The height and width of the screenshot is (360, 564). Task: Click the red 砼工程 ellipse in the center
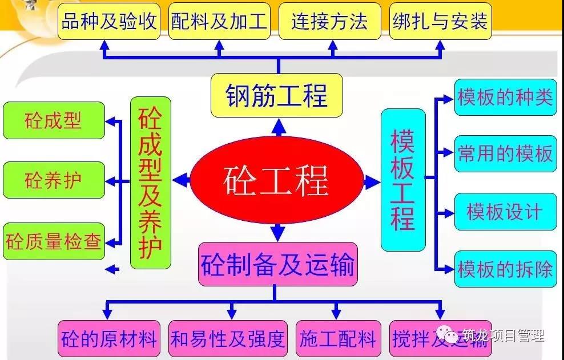click(277, 180)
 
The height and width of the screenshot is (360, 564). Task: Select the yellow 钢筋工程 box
click(277, 95)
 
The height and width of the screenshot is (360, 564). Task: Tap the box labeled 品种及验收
click(108, 21)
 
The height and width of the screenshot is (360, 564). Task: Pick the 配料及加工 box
click(219, 21)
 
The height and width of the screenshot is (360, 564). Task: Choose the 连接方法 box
click(329, 21)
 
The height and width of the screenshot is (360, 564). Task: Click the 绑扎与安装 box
click(440, 21)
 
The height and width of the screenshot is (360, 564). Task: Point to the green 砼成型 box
click(54, 120)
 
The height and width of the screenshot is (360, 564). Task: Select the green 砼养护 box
click(54, 180)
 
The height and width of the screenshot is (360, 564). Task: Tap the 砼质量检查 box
click(54, 241)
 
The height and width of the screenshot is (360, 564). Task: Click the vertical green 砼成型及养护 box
click(150, 183)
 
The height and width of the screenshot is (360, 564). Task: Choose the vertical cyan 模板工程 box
click(403, 180)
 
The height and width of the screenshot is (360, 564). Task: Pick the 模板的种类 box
click(505, 97)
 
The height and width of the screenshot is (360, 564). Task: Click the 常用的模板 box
click(505, 153)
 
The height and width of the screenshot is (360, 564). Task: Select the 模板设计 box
click(505, 212)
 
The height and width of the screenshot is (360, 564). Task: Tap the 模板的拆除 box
click(505, 269)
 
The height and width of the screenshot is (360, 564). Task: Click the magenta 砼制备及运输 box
click(277, 264)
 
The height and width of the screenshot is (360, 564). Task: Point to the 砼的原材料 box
click(108, 338)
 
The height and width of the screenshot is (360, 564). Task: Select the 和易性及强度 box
click(228, 338)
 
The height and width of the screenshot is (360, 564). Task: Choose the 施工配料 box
click(338, 338)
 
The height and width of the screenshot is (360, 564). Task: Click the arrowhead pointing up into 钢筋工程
click(279, 127)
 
